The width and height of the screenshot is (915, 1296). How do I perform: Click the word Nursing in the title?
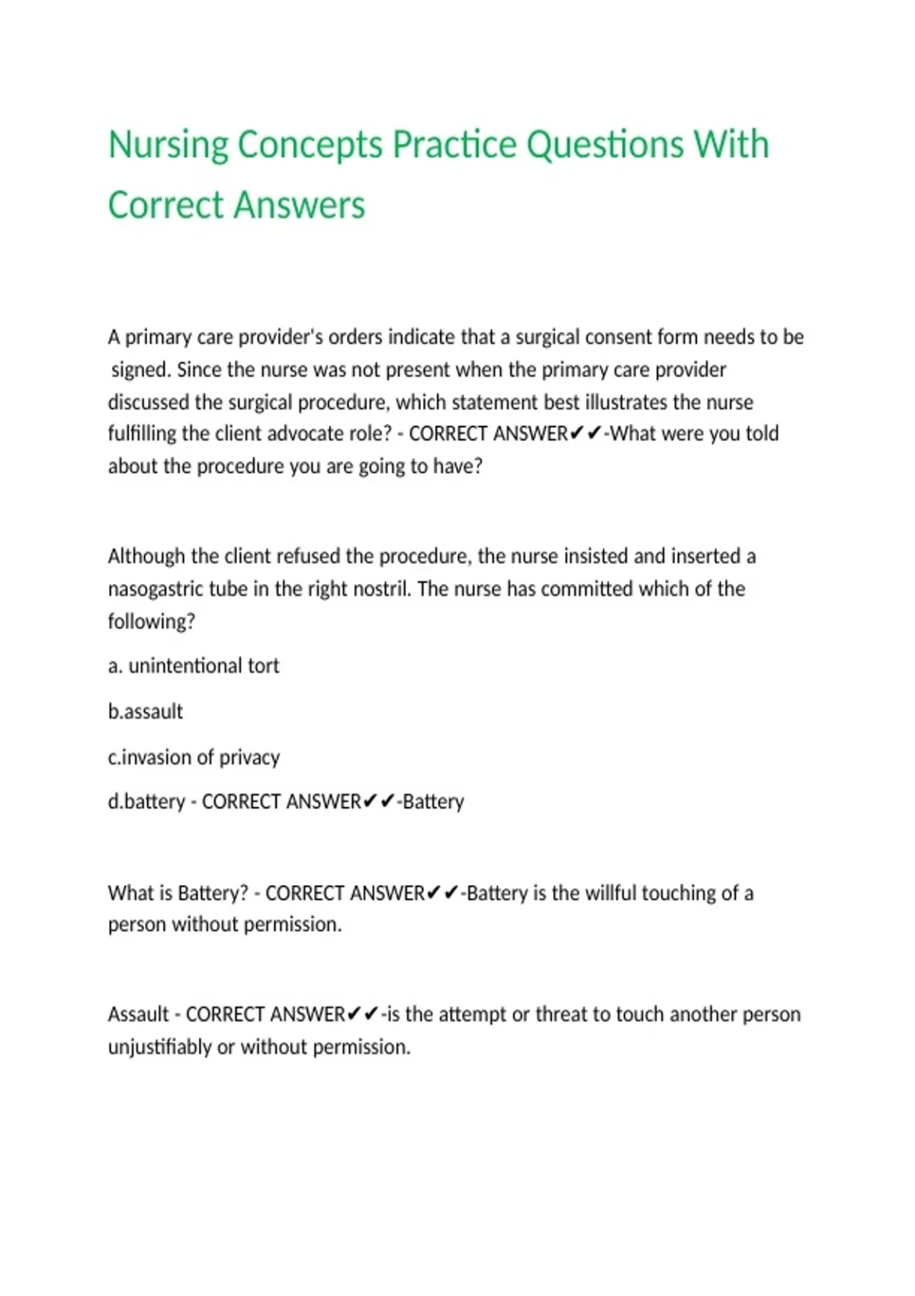click(x=169, y=146)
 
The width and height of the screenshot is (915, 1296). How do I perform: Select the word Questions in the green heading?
click(x=605, y=146)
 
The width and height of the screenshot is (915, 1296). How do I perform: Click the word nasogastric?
click(x=156, y=589)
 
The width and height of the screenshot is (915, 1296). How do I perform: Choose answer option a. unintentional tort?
click(x=194, y=666)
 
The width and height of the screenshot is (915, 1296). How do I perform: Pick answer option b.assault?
click(x=146, y=712)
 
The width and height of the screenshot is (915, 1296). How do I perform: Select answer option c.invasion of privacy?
click(x=194, y=758)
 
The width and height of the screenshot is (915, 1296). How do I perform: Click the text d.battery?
click(x=146, y=802)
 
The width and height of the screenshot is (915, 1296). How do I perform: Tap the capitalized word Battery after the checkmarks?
click(x=433, y=802)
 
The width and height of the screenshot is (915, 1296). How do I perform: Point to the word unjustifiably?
click(x=159, y=1047)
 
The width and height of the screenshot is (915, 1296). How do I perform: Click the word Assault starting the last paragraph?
click(x=138, y=1015)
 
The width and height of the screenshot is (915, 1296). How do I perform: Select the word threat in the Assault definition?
click(x=560, y=1015)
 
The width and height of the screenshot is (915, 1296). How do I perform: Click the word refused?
click(x=308, y=557)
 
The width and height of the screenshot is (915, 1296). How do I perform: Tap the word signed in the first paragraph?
click(x=140, y=371)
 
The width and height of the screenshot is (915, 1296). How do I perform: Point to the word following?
click(x=151, y=622)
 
